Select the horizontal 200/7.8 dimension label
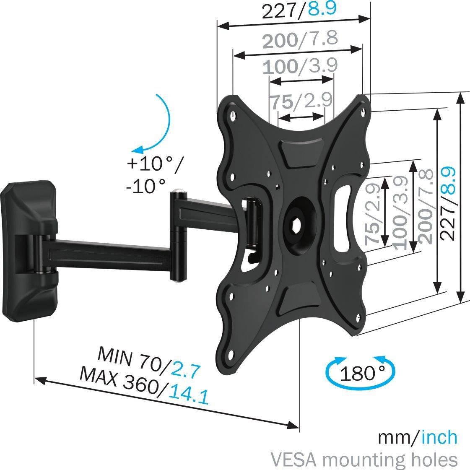tap(299, 40)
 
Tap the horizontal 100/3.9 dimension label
tap(299, 67)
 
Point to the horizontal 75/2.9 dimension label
tap(300, 101)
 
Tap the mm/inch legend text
tap(417, 437)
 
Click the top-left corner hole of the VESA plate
tap(233, 113)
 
